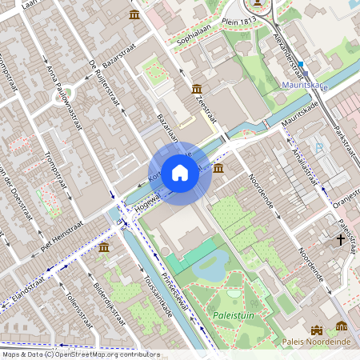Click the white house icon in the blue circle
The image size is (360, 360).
(x=180, y=172)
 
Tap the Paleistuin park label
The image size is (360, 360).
(x=233, y=315)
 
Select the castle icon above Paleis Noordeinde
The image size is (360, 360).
(x=317, y=329)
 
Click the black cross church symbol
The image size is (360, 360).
(x=340, y=239)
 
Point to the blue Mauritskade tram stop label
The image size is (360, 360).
(x=304, y=83)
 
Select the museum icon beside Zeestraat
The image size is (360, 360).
(x=197, y=90)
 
